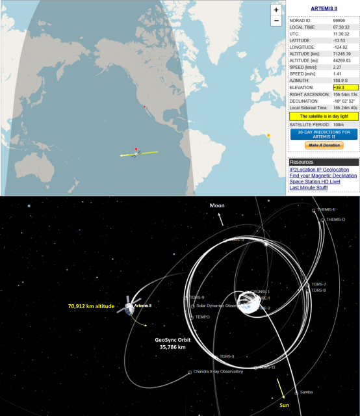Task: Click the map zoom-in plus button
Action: [276, 10]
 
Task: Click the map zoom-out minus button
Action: [276, 21]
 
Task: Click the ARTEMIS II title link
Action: [323, 8]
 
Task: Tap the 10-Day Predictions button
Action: [324, 134]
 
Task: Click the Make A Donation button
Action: [324, 145]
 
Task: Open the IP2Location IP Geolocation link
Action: [320, 169]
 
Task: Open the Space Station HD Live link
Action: [318, 181]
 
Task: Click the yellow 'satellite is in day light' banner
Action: [324, 116]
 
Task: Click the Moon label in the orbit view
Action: [216, 205]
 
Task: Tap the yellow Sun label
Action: [285, 404]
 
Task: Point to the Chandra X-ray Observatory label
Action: [218, 372]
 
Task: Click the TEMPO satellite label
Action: [202, 317]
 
